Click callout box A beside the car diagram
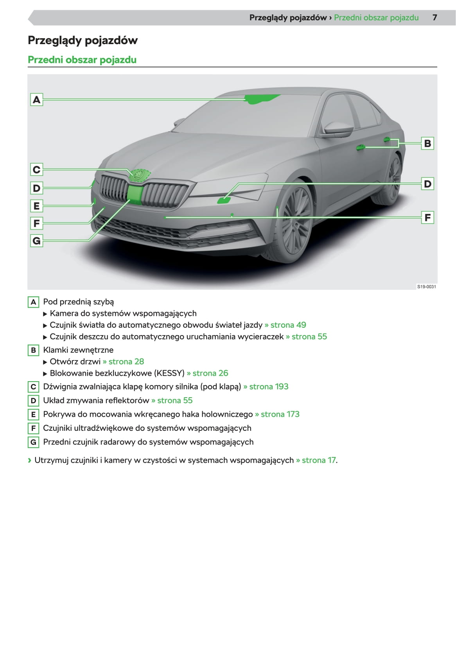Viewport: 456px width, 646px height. click(x=36, y=100)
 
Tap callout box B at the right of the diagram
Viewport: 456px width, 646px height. click(x=427, y=143)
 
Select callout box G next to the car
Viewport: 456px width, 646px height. click(x=36, y=241)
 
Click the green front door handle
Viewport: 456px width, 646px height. click(x=360, y=147)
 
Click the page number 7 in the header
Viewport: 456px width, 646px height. click(x=434, y=18)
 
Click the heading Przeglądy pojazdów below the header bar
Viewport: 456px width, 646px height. click(x=83, y=40)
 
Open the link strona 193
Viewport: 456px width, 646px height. click(x=269, y=387)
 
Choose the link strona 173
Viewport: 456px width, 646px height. click(x=280, y=414)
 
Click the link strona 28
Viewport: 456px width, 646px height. click(x=126, y=362)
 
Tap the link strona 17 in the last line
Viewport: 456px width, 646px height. click(x=319, y=460)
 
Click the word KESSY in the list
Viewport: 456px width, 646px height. click(x=169, y=373)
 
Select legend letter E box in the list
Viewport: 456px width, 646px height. click(x=33, y=414)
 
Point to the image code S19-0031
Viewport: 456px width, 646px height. click(x=426, y=287)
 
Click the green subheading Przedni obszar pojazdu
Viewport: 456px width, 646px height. click(x=82, y=60)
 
